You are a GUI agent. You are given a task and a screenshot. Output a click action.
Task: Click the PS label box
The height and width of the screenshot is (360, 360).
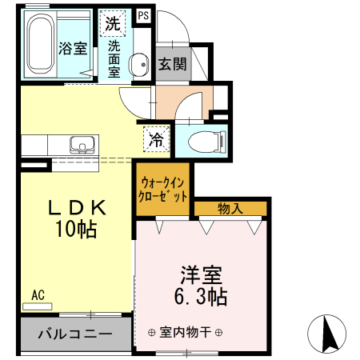point(143,15)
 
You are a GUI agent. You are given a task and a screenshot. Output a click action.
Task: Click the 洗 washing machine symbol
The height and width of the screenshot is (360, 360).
point(113,24)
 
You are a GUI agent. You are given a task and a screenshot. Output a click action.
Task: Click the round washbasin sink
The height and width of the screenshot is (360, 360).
point(138,63)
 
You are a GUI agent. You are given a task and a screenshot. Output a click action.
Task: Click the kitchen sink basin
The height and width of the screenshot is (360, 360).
point(81,146)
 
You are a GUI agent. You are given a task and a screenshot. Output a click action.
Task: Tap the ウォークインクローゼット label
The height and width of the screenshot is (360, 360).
point(163,189)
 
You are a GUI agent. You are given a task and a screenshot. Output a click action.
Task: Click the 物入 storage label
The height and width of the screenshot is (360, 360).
point(230,209)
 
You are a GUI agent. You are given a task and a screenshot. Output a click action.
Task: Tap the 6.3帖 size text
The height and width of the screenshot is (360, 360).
point(200,298)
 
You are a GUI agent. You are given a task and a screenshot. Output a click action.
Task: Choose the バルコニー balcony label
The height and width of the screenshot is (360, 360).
point(74,334)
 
